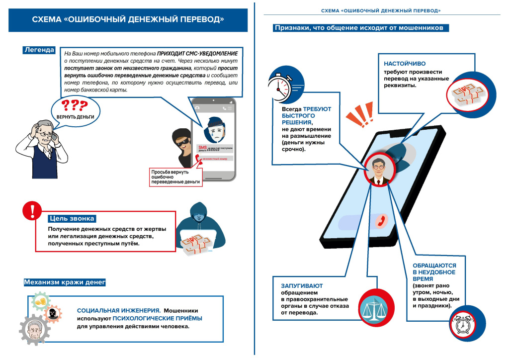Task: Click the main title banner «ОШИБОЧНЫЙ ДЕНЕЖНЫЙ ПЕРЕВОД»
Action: point(128,20)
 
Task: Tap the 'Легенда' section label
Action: point(38,50)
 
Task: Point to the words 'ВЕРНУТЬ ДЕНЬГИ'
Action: point(75,117)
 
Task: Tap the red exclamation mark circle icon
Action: point(32,210)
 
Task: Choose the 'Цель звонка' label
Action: point(72,219)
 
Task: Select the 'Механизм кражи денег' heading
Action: point(65,282)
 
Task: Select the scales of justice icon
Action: point(373,308)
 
